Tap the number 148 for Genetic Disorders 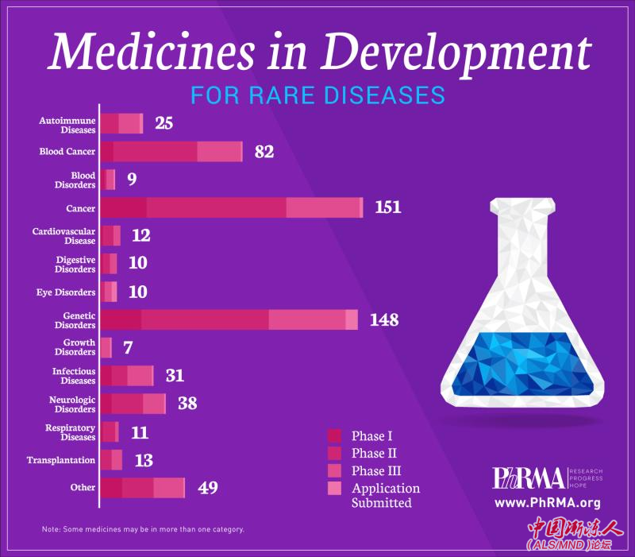(x=384, y=320)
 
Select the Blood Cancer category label (x=67, y=151)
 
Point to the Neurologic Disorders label (x=74, y=404)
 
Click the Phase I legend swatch (x=334, y=435)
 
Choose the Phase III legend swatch (x=334, y=471)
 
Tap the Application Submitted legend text (x=386, y=495)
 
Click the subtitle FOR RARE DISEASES (x=317, y=95)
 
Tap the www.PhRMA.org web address (x=547, y=502)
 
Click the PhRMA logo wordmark (x=529, y=478)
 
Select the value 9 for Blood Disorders (x=132, y=179)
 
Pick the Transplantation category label (x=61, y=460)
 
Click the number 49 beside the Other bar (x=207, y=487)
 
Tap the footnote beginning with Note (x=143, y=529)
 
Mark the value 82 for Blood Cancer (x=264, y=151)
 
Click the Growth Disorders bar (x=106, y=347)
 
